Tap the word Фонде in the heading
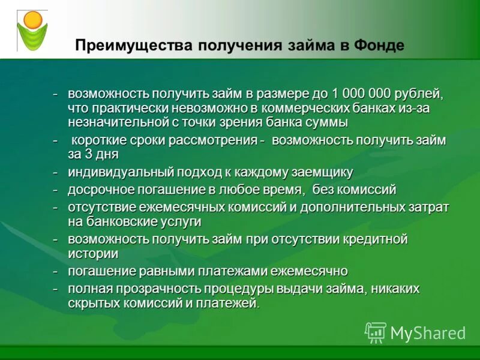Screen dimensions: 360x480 pos(380,46)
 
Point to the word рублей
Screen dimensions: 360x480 pos(419,94)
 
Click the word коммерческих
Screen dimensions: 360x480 pos(299,109)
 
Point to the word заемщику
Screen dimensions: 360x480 pos(312,173)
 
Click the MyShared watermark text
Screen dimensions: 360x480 pos(427,333)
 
